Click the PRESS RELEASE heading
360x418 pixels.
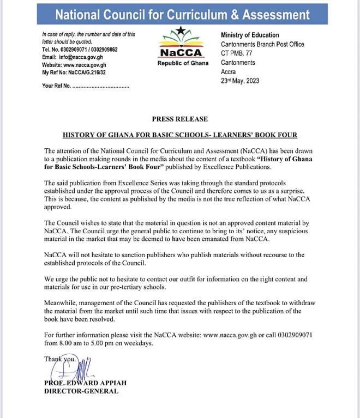179,119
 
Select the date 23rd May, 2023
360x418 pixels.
240,81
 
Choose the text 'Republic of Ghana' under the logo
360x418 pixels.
179,63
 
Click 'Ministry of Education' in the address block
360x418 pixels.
250,35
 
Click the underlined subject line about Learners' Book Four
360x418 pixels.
180,135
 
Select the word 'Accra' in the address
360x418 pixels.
230,71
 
